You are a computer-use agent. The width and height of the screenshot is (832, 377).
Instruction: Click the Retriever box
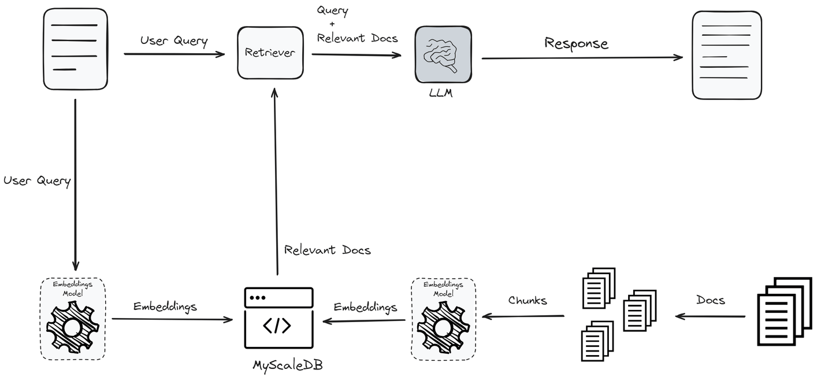pyautogui.click(x=270, y=53)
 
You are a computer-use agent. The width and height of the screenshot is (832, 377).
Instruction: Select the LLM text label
pyautogui.click(x=441, y=93)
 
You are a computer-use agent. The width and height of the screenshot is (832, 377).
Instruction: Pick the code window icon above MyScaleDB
pyautogui.click(x=278, y=321)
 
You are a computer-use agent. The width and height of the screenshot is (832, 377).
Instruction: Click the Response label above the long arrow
pyautogui.click(x=576, y=43)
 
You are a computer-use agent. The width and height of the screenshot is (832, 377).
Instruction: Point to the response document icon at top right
pyautogui.click(x=726, y=54)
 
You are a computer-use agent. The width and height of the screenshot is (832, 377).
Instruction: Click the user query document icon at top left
pyautogui.click(x=76, y=49)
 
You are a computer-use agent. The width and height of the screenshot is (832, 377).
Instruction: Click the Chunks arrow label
pyautogui.click(x=528, y=300)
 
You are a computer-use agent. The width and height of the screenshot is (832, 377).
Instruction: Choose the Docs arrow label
pyautogui.click(x=710, y=300)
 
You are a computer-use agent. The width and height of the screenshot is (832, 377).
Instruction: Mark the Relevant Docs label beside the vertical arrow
pyautogui.click(x=327, y=250)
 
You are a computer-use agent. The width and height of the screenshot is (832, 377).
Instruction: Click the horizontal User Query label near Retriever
pyautogui.click(x=173, y=41)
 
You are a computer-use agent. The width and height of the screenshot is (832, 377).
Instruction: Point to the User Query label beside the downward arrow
pyautogui.click(x=37, y=180)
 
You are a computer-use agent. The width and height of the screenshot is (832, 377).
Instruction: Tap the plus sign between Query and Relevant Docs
pyautogui.click(x=332, y=24)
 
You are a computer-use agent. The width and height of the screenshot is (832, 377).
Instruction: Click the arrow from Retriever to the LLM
pyautogui.click(x=356, y=55)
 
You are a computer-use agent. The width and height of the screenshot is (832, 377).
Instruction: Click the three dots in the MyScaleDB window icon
pyautogui.click(x=257, y=297)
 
